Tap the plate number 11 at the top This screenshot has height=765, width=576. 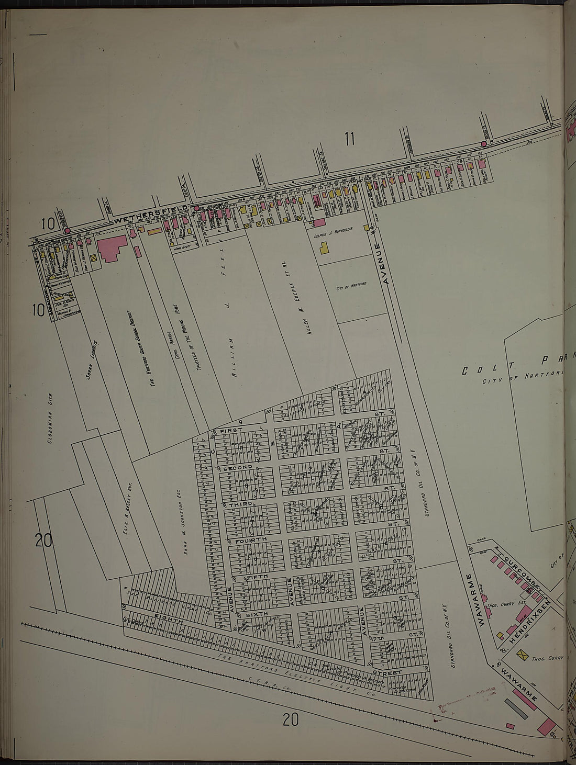tap(349, 139)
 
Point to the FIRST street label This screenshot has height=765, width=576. tap(232, 430)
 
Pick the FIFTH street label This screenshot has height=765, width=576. tap(257, 577)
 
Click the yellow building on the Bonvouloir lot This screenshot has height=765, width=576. tap(326, 248)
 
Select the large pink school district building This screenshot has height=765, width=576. tap(111, 248)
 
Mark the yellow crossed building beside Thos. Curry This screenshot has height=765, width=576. tap(522, 655)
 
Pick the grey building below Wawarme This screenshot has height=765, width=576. tap(514, 709)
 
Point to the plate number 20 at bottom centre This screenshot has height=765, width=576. tap(291, 721)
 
